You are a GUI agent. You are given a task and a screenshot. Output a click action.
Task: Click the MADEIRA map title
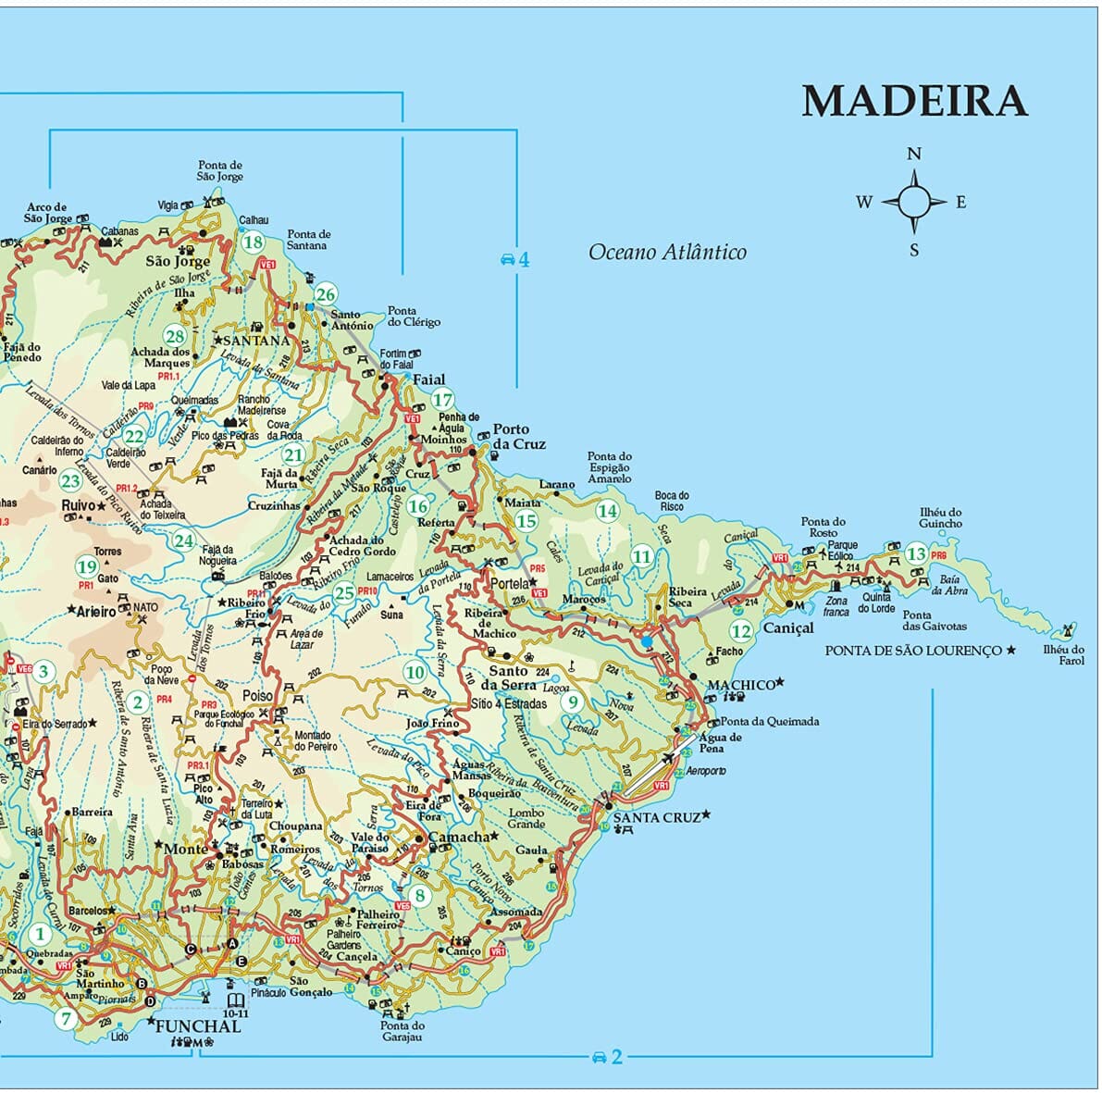coord(914,101)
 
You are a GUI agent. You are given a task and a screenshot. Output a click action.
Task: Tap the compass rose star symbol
coord(913,202)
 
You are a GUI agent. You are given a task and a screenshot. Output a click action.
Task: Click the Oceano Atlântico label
coord(667,252)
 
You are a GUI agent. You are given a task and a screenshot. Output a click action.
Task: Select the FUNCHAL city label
coord(198,1026)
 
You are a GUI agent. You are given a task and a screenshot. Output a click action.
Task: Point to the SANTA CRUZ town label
coord(656,817)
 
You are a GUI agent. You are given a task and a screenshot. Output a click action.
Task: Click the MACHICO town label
coord(740,685)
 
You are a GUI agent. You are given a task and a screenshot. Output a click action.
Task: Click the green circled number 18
coord(252,243)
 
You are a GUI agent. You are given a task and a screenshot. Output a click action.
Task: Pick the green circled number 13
coord(915,553)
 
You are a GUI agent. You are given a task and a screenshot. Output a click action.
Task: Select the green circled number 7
coord(65,1020)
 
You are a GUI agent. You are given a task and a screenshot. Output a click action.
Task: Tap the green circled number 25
coord(344,593)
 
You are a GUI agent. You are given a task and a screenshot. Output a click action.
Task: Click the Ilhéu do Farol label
coord(1064,654)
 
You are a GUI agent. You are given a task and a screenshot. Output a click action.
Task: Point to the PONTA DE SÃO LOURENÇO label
coord(913,651)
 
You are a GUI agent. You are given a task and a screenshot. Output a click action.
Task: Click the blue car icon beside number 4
coord(506,260)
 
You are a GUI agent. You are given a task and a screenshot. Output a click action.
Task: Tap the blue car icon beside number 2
coord(599,1057)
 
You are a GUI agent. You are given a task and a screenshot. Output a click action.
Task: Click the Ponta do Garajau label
coord(402,1031)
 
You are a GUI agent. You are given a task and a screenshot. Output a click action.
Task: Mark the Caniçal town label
coord(787,627)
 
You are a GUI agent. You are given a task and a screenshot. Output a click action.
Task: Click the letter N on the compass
coord(913,155)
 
